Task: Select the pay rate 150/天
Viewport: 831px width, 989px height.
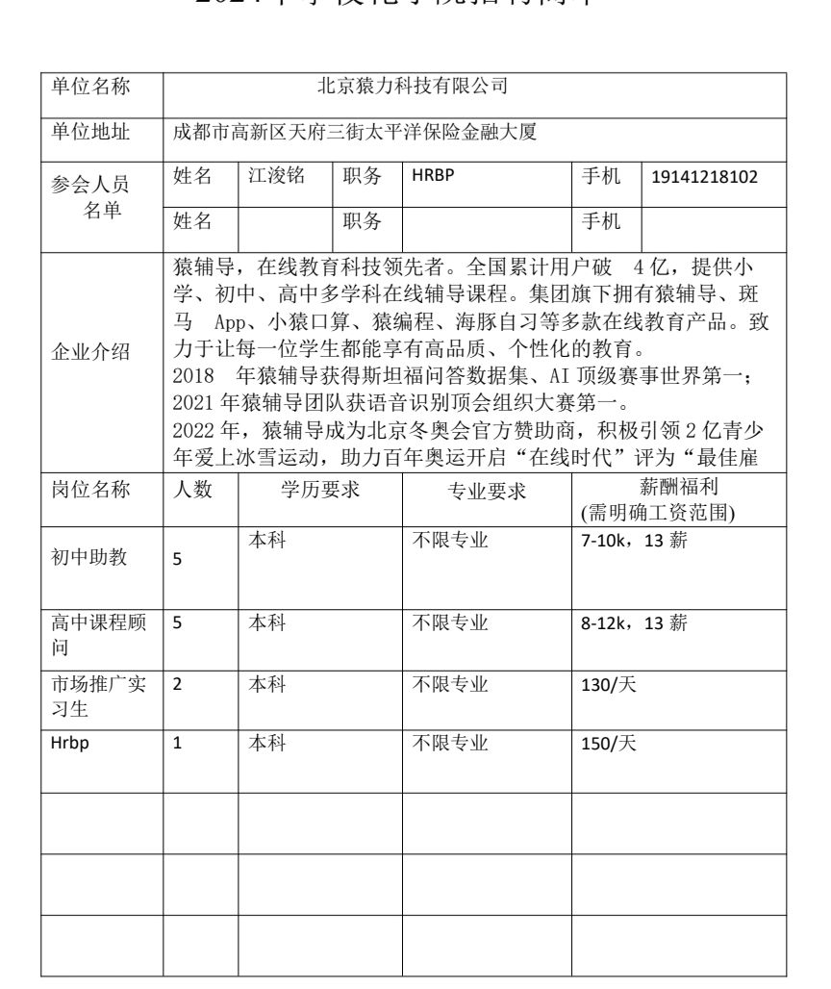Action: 602,743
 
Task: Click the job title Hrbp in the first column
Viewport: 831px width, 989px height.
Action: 67,743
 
